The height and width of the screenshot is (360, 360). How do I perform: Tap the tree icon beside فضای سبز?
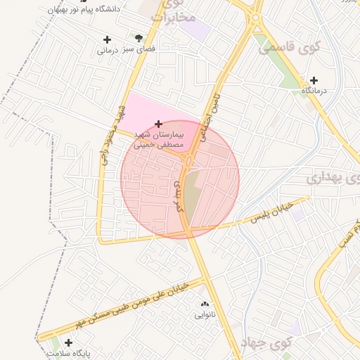(x=139, y=37)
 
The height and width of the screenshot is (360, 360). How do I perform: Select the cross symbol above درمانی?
(x=107, y=39)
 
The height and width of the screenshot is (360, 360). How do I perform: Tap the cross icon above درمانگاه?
(x=314, y=80)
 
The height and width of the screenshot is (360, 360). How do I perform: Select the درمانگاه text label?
(x=316, y=92)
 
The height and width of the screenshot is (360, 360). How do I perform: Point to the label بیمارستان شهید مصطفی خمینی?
(x=159, y=139)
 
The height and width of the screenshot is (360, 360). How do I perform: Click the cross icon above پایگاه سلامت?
(x=68, y=342)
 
